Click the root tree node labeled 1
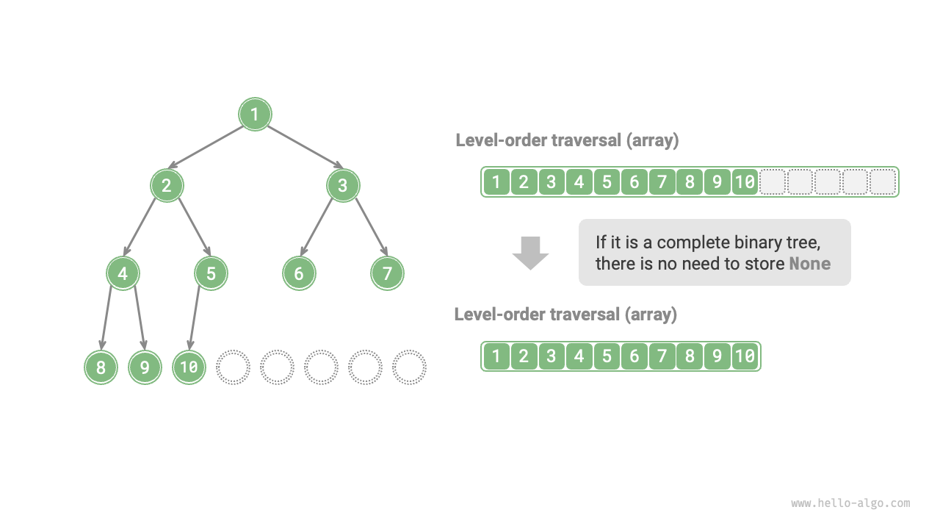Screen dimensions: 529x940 point(256,115)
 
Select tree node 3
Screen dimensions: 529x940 point(343,185)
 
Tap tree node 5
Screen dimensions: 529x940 point(211,274)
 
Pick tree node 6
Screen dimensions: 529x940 point(299,274)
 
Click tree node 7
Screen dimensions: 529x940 point(387,274)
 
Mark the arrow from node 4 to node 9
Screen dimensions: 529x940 point(139,317)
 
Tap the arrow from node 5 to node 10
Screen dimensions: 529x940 point(195,317)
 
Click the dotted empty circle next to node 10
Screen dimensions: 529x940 point(233,367)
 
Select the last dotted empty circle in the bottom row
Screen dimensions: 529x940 point(409,367)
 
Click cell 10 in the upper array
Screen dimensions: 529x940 point(745,181)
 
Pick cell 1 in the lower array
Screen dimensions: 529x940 point(496,356)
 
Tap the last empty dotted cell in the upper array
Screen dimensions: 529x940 point(883,181)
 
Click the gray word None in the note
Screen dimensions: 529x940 point(809,263)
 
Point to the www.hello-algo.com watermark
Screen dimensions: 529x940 point(850,503)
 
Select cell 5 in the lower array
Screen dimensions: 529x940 point(607,356)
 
